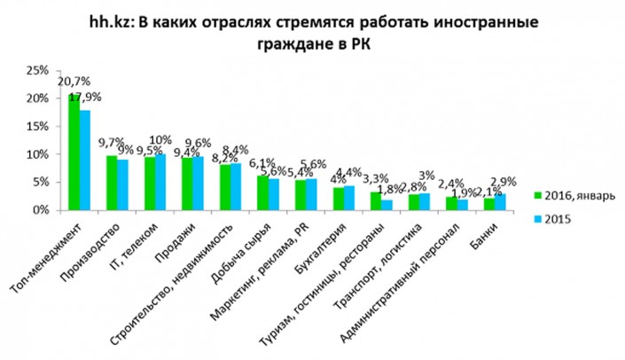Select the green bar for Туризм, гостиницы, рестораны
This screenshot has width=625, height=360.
[377, 201]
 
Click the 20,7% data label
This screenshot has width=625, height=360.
[72, 82]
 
